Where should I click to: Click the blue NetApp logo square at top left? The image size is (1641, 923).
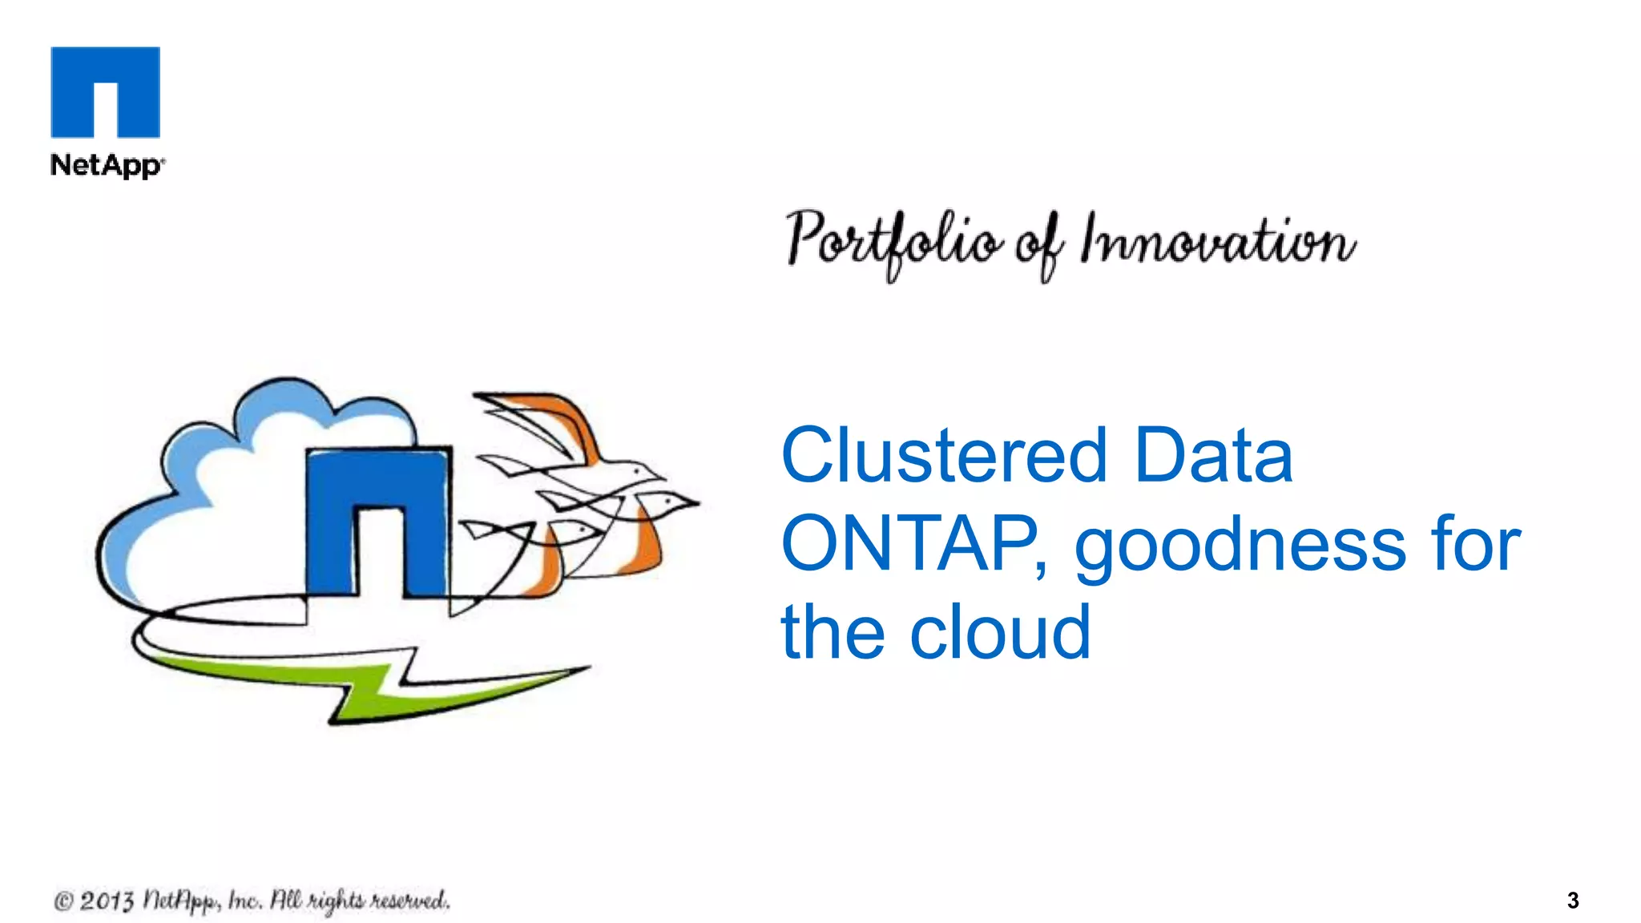coord(105,91)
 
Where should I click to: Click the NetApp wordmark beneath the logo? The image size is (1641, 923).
coord(107,165)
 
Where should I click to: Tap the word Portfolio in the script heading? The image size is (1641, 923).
coord(893,240)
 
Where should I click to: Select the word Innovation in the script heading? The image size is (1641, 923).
coord(1217,240)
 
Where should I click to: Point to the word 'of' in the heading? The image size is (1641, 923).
coord(1040,245)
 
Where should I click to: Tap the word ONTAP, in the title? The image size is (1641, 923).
coord(913,544)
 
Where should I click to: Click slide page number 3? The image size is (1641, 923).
coord(1572,901)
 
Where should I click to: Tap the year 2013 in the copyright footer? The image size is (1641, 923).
coord(106,901)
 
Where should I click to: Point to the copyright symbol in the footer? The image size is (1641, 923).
coord(63,901)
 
